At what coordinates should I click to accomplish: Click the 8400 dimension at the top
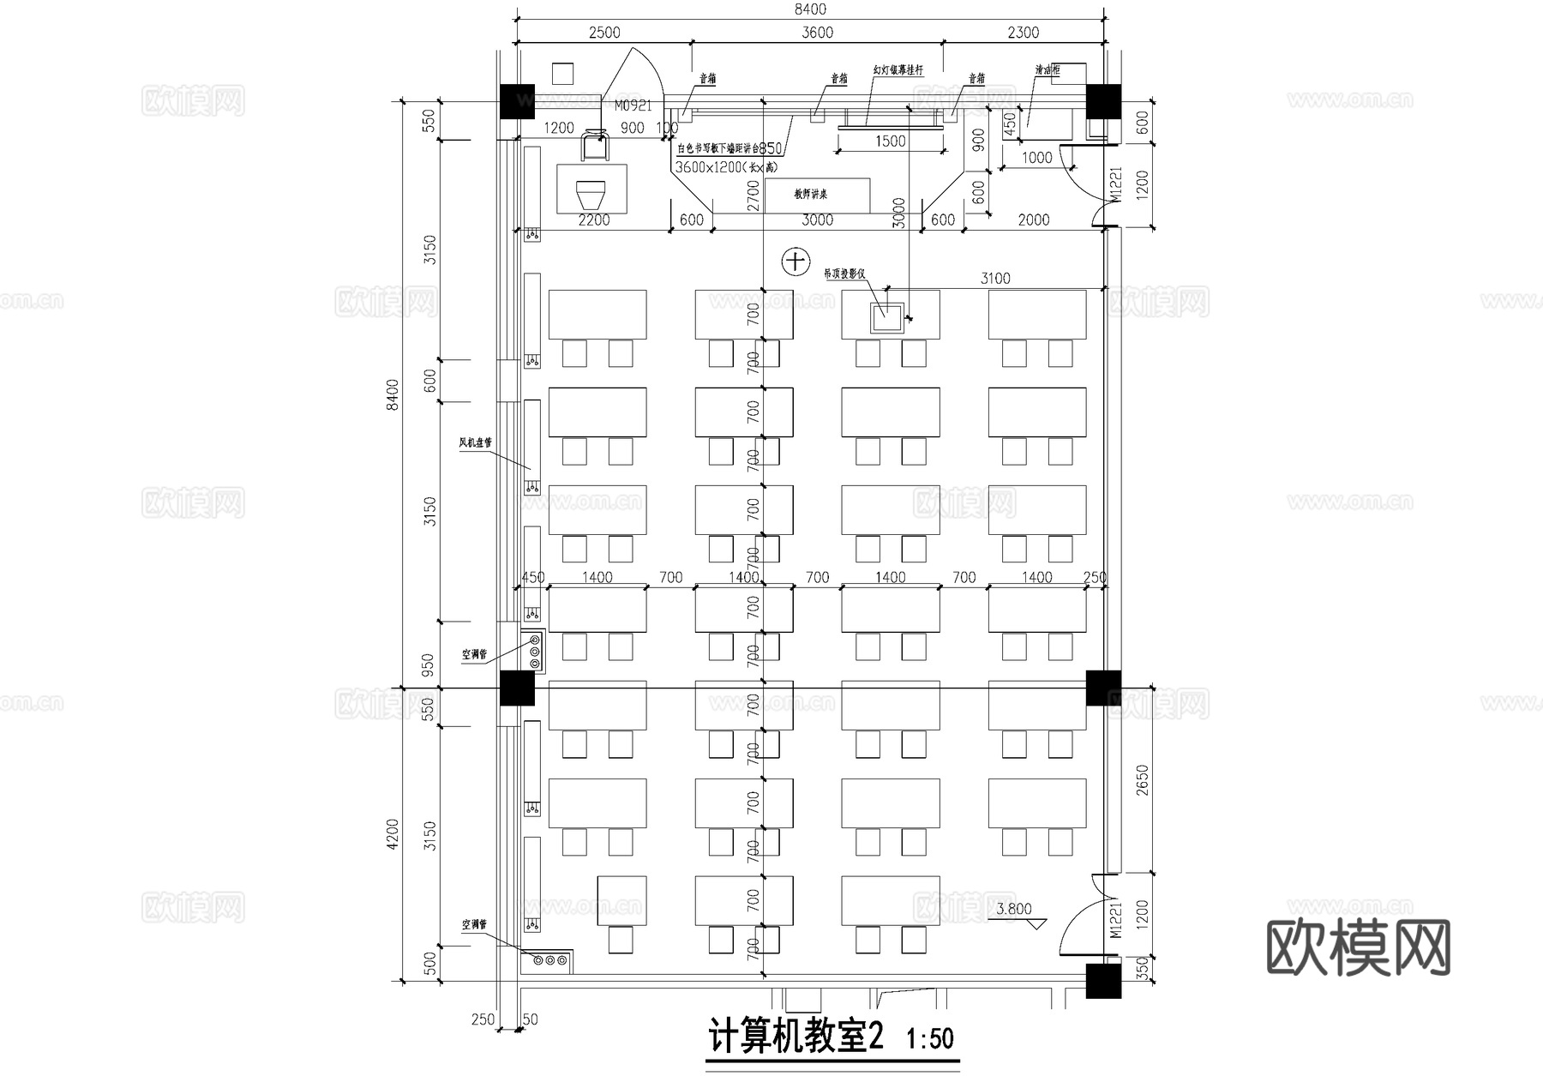click(x=810, y=9)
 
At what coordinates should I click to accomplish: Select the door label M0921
click(x=633, y=106)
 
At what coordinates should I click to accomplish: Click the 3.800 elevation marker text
click(x=1013, y=909)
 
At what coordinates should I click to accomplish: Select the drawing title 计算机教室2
click(x=796, y=1038)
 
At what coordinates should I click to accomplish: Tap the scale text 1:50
click(x=930, y=1039)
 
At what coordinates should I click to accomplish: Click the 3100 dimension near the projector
click(x=994, y=278)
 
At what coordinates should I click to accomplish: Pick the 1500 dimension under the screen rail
click(x=890, y=141)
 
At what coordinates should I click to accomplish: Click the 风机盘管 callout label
click(x=475, y=443)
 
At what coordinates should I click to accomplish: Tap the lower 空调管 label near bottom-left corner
click(x=474, y=925)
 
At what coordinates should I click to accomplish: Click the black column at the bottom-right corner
click(x=1103, y=980)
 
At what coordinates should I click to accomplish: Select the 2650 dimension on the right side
click(x=1141, y=780)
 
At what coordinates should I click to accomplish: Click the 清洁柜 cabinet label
click(x=1047, y=70)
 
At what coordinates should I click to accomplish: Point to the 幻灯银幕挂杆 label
click(x=898, y=70)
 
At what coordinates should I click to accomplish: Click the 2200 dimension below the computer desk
click(x=593, y=220)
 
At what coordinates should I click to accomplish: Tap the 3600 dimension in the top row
click(x=816, y=33)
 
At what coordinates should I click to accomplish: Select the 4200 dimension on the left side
click(x=393, y=833)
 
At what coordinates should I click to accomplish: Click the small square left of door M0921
click(x=562, y=74)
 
